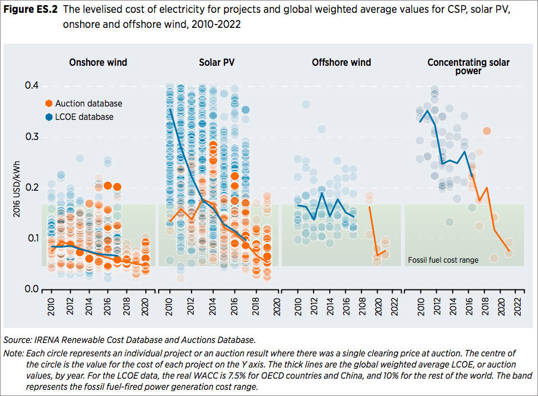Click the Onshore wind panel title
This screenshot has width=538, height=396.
point(98,62)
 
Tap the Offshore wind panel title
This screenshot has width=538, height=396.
point(341,62)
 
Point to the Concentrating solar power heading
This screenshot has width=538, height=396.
point(468,67)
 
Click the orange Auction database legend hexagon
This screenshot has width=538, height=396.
point(49,103)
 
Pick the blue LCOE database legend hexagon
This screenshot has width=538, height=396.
point(49,117)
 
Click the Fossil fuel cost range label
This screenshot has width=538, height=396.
point(443,260)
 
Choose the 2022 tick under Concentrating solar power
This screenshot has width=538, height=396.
point(519,304)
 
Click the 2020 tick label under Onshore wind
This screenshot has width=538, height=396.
point(146,304)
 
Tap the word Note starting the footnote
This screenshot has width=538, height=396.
point(13,354)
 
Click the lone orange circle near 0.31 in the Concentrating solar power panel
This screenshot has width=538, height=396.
point(487,131)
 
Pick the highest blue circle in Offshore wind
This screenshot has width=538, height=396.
point(306,104)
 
